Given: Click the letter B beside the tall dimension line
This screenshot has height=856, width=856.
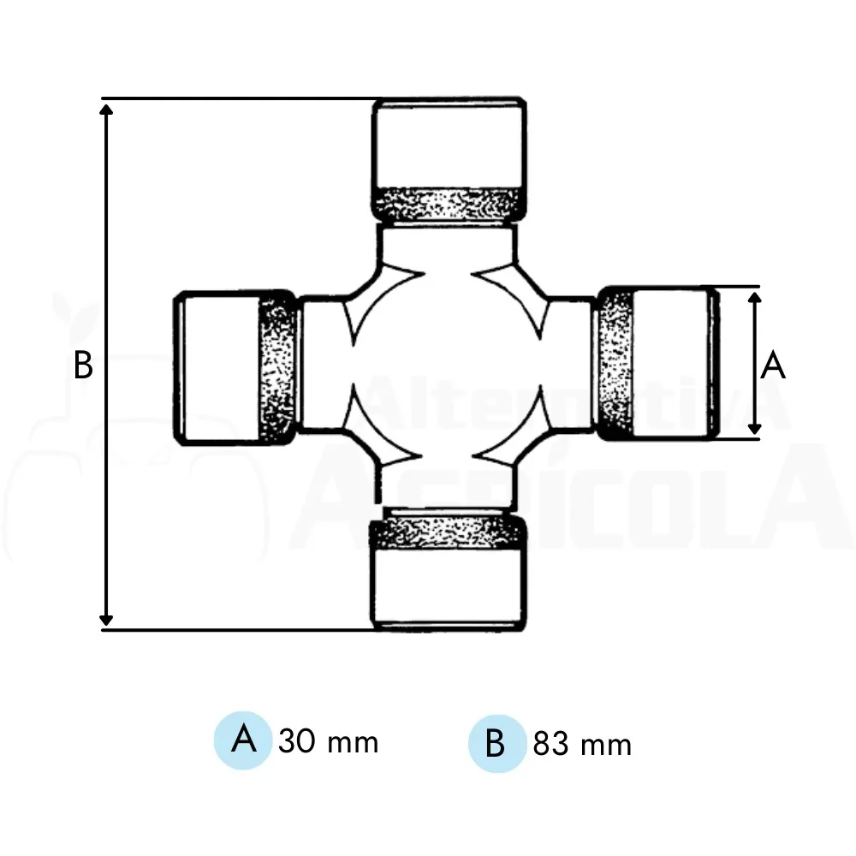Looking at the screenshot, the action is (x=83, y=366).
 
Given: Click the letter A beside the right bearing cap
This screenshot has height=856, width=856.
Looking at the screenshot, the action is (x=773, y=366).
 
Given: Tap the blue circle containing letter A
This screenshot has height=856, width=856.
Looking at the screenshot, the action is (x=243, y=740).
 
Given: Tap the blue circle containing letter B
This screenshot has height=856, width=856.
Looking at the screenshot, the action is (x=496, y=743).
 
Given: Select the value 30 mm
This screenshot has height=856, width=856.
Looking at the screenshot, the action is (x=328, y=741).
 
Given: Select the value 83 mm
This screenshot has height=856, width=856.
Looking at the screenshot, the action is (x=582, y=744).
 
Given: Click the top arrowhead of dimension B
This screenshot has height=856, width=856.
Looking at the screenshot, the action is (x=106, y=110).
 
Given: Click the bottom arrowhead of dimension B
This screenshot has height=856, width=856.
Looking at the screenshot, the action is (x=106, y=620).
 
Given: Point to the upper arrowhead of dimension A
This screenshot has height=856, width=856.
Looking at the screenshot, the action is (x=755, y=298).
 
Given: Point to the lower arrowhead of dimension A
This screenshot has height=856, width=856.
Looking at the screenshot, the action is (x=755, y=428).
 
